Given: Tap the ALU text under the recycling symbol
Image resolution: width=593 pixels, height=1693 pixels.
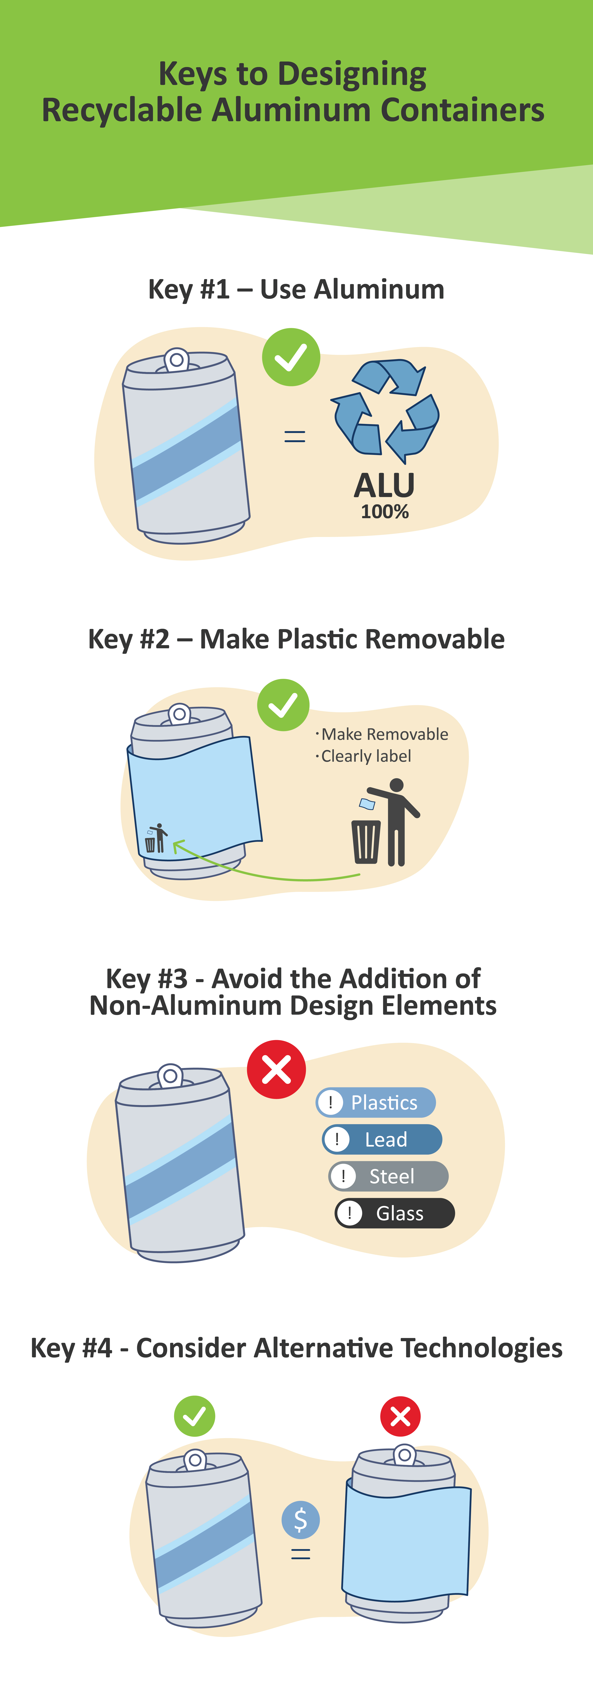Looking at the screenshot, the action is pyautogui.click(x=385, y=486).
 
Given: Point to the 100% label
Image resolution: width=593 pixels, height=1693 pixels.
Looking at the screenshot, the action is pyautogui.click(x=385, y=512).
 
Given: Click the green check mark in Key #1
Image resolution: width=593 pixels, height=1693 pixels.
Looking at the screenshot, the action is pyautogui.click(x=291, y=357).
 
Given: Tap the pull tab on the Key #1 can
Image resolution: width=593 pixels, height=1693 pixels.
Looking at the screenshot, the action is pyautogui.click(x=176, y=360).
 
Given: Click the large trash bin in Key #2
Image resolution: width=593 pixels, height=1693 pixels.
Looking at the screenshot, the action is pyautogui.click(x=366, y=841).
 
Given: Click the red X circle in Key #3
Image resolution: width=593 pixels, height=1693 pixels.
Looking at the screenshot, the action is pyautogui.click(x=276, y=1069).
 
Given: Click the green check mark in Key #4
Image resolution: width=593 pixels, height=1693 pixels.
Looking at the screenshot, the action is pyautogui.click(x=195, y=1416).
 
